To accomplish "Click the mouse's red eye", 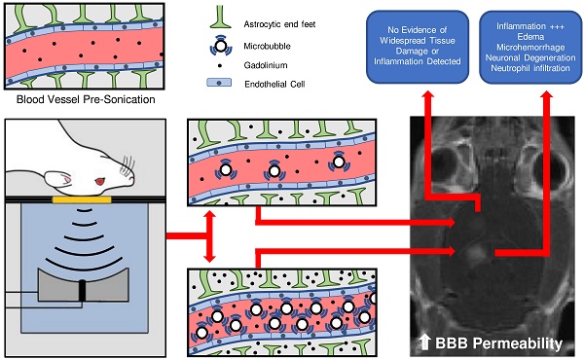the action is click(x=100, y=182).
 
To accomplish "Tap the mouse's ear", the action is click(x=58, y=179).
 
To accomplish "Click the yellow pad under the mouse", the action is click(x=82, y=199).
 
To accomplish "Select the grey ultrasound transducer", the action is click(x=83, y=284).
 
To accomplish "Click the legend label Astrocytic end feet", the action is click(x=279, y=24).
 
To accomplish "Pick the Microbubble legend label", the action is click(x=267, y=46).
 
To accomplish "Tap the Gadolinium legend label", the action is click(x=266, y=65).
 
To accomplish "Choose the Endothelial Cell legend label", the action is click(x=274, y=84).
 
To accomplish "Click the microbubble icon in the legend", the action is click(x=221, y=46).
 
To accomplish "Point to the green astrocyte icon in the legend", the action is click(x=221, y=18).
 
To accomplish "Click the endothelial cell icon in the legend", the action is click(x=219, y=83).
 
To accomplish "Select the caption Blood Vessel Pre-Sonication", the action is click(x=86, y=99).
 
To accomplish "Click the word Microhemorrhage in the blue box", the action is click(x=530, y=48).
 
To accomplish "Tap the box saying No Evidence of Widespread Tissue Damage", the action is click(x=418, y=47).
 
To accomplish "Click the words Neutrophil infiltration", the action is click(x=530, y=68).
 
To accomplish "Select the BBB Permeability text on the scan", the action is click(x=498, y=342).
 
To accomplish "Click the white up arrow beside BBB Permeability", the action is click(x=425, y=342).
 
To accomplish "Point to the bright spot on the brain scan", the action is click(x=475, y=253).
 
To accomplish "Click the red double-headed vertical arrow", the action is click(x=209, y=236).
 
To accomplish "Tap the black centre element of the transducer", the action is click(x=82, y=290).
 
